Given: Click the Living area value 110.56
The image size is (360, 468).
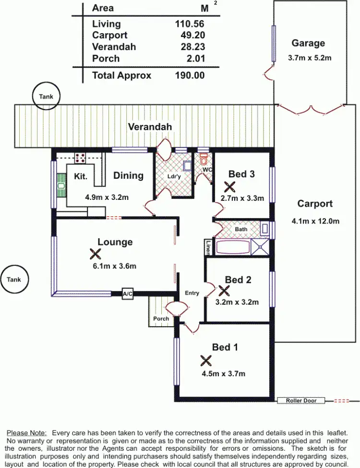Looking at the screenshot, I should tap(190, 24).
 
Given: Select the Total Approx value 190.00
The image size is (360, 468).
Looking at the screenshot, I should tap(190, 75).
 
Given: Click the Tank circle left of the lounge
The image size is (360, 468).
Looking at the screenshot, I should tap(14, 279).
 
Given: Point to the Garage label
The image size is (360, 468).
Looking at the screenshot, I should tap(308, 43).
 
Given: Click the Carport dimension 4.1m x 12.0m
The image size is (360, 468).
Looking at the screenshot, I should tap(315, 221).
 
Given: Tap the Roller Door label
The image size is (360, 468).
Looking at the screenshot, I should tap(300, 400).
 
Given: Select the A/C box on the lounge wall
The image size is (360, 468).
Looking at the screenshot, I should tap(127, 294).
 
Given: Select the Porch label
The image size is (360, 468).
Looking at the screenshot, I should tap(161, 319).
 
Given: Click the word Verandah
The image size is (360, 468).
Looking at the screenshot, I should tap(150, 127).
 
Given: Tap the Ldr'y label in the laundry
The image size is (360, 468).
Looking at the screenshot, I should tap(173, 176).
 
